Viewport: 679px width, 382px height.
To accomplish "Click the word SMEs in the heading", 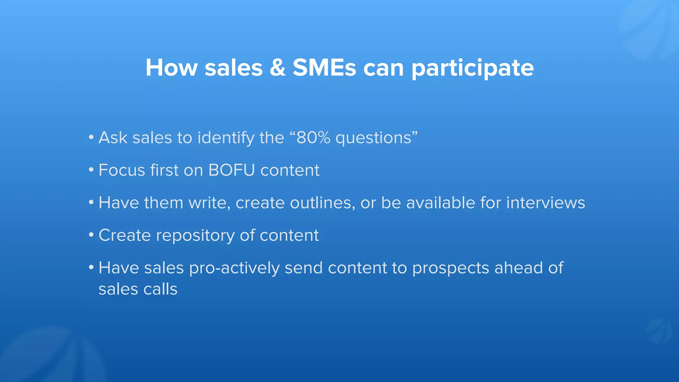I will click(x=324, y=68).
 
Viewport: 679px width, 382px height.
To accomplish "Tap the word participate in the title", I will click(x=472, y=68).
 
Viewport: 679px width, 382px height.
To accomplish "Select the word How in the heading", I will click(x=171, y=68).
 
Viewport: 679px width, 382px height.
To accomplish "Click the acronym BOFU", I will click(x=231, y=170).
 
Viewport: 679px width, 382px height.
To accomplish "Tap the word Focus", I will click(x=122, y=170).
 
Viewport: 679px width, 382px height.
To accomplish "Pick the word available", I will click(x=440, y=203).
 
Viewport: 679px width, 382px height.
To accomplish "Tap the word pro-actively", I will click(x=234, y=268).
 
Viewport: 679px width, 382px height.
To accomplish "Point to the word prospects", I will click(x=451, y=268).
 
